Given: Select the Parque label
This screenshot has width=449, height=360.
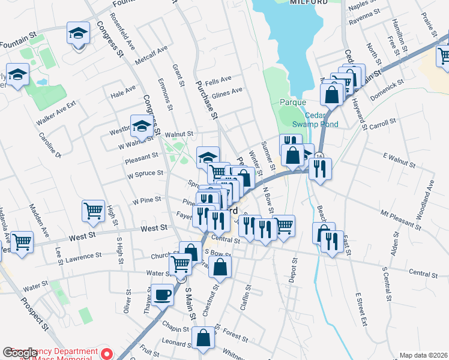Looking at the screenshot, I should [293, 102].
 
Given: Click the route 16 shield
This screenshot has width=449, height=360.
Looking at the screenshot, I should [319, 157].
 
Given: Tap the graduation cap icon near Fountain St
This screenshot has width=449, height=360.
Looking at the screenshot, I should [78, 32].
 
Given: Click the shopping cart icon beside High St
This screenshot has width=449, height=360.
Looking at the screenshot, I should [93, 211].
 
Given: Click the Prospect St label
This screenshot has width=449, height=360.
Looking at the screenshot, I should [35, 314].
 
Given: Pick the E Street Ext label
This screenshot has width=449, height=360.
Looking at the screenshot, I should [361, 309].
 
